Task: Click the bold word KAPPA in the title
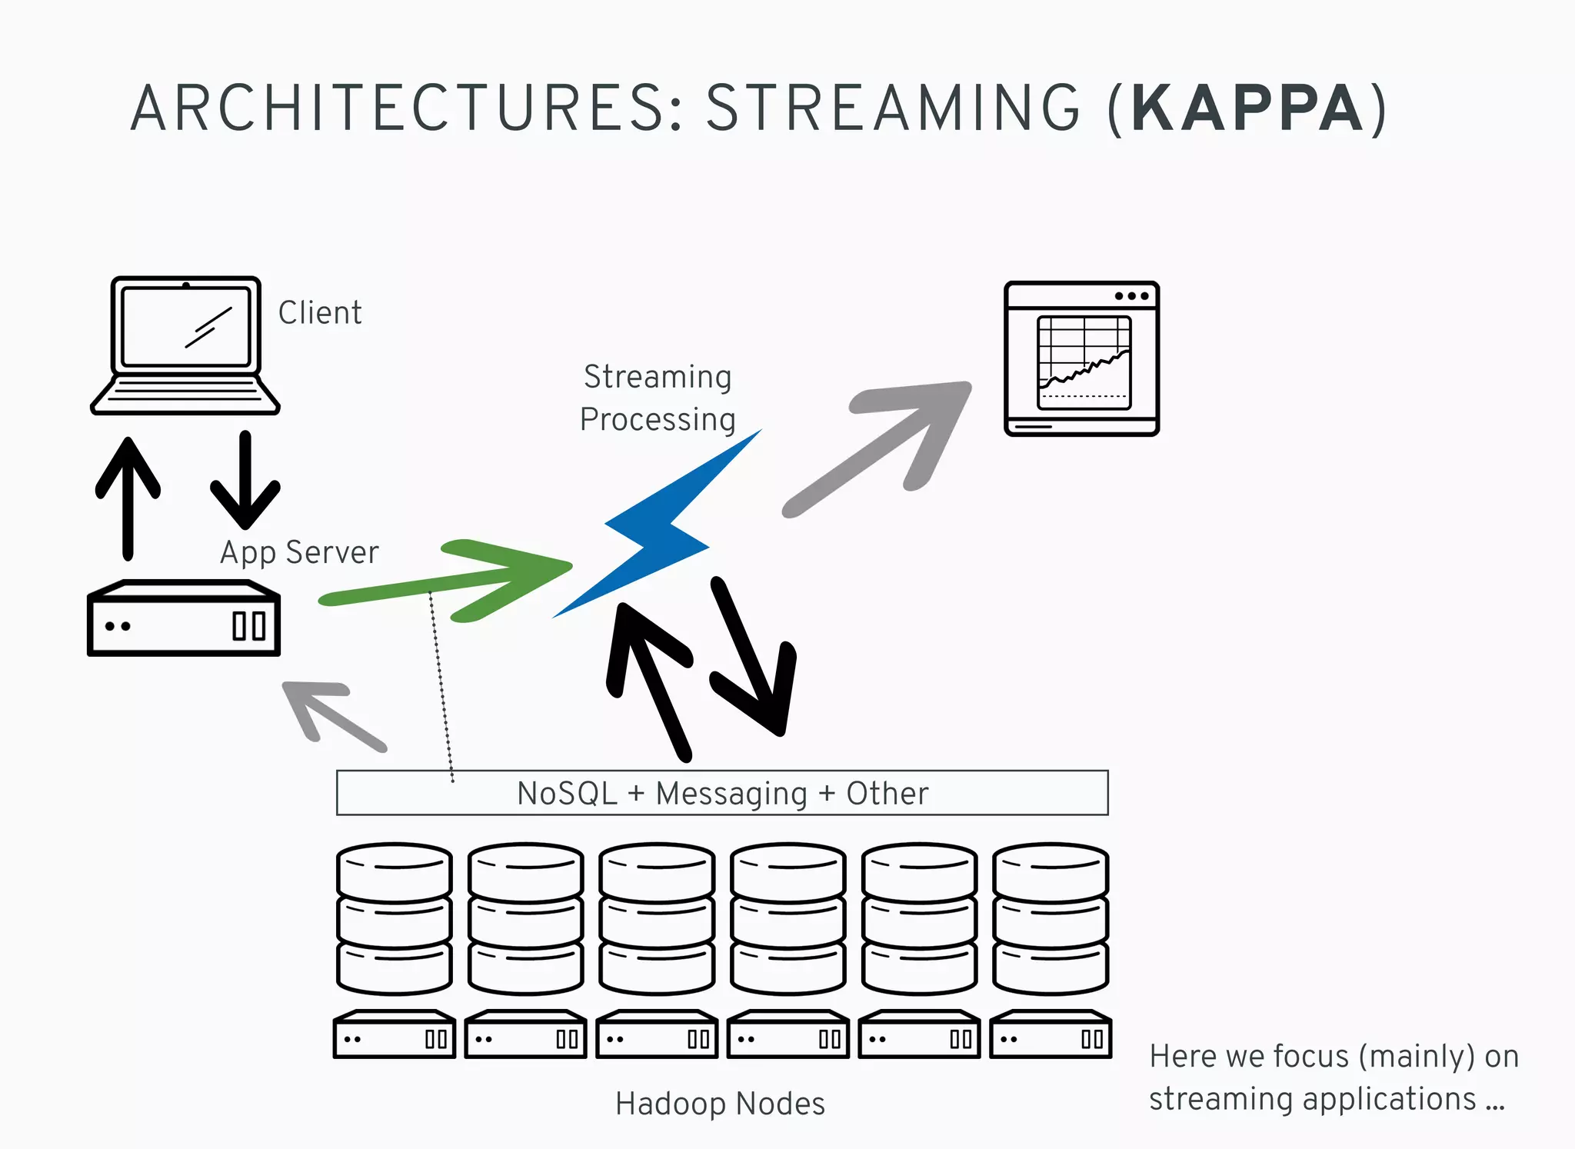1247,109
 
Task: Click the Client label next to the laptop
319,313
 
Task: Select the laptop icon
185,345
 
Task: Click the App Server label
299,553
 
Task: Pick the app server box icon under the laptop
184,620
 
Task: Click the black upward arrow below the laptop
128,496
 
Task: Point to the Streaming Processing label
658,398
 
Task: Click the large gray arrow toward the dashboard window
884,446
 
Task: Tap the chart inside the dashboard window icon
1084,361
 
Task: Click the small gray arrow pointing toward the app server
331,712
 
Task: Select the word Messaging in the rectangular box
731,794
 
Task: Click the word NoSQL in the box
567,794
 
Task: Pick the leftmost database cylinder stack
394,918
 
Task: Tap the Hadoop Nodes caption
720,1104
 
